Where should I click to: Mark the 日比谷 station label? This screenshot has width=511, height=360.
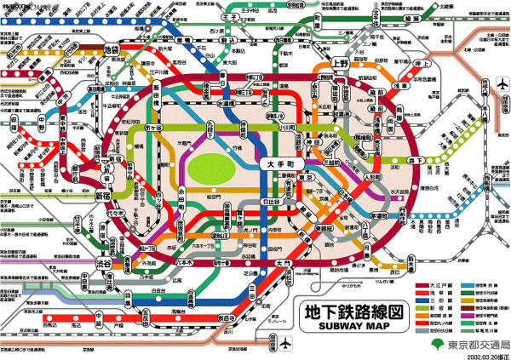(x=271, y=203)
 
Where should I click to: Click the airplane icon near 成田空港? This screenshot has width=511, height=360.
(x=500, y=85)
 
